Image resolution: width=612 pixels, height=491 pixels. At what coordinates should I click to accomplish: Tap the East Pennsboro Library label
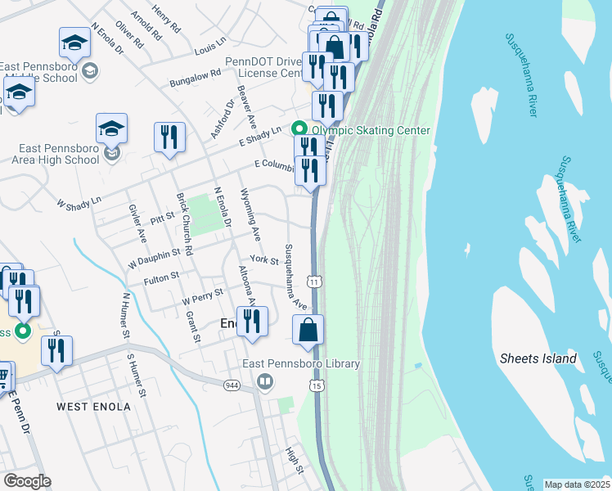pos(300,364)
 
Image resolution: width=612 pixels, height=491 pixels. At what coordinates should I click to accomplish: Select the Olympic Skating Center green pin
pos(299,130)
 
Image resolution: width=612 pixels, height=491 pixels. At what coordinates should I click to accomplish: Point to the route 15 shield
pos(317,384)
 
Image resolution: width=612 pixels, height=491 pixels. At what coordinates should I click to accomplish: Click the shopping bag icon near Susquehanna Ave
pos(308,331)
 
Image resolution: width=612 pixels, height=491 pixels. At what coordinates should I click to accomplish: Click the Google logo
pos(26,481)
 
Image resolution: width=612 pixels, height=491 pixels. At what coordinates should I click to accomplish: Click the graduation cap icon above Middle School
pos(74,42)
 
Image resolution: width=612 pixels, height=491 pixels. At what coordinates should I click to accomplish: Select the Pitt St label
pos(164,220)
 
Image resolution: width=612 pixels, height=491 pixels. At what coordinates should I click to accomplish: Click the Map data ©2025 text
pos(577,484)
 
